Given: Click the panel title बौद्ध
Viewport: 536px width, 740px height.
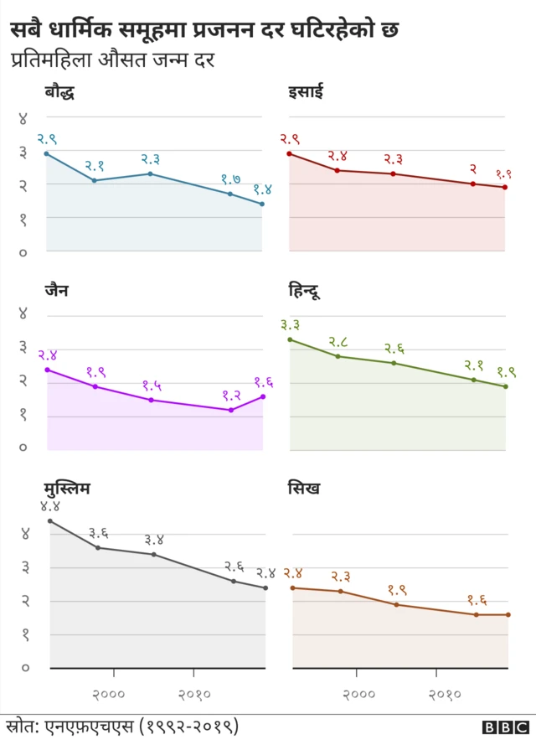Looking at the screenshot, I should click(59, 93).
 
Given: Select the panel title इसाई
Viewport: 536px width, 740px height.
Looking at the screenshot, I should click(306, 93).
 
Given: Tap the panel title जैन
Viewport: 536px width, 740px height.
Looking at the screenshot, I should click(57, 291).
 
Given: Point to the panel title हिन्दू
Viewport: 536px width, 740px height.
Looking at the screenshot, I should click(304, 292).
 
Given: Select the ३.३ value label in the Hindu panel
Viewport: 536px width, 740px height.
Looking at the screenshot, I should click(291, 324).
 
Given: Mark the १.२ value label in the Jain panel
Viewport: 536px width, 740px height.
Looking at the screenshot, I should click(231, 395).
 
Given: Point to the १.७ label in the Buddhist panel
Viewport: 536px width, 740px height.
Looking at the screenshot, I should click(231, 179).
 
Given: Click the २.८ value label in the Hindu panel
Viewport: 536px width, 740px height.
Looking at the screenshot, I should click(338, 341).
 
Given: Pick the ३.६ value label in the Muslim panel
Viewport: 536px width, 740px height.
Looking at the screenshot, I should click(98, 533).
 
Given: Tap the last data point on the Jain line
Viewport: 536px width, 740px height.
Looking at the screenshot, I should click(263, 396).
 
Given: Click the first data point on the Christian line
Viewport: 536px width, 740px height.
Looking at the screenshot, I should click(290, 153).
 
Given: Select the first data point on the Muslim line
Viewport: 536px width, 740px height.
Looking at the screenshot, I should click(50, 521).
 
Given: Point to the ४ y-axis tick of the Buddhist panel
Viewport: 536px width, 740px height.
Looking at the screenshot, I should click(23, 118).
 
